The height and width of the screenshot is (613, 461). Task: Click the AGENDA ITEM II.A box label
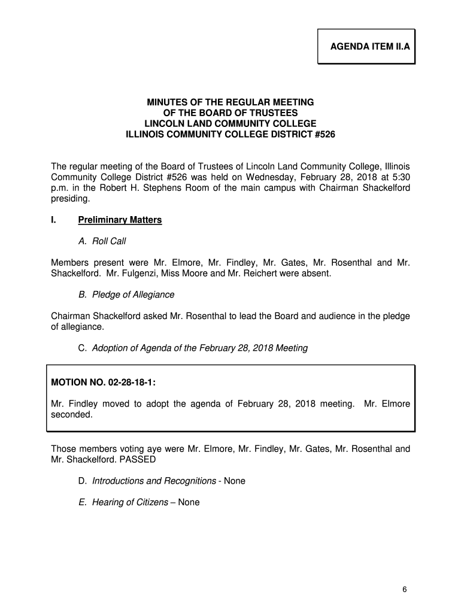[366, 46]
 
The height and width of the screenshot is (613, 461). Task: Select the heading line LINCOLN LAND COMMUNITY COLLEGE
[230, 124]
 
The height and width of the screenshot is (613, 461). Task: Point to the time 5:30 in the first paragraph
[400, 177]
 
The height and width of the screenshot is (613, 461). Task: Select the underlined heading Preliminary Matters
[120, 220]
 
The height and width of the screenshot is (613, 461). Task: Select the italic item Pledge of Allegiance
[133, 295]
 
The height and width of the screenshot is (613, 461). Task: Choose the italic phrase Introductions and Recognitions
[154, 481]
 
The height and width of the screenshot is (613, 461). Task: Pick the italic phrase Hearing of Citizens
[130, 502]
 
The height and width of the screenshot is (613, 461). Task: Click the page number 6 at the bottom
[405, 590]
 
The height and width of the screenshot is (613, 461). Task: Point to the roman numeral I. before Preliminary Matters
[54, 220]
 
